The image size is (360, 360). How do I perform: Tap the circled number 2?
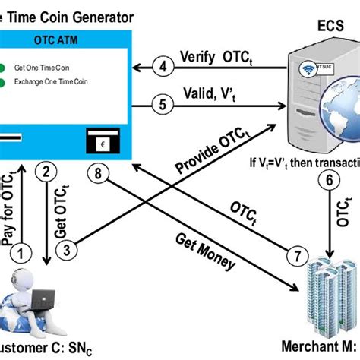point(47,172)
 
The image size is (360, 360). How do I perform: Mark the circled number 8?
point(97,173)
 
